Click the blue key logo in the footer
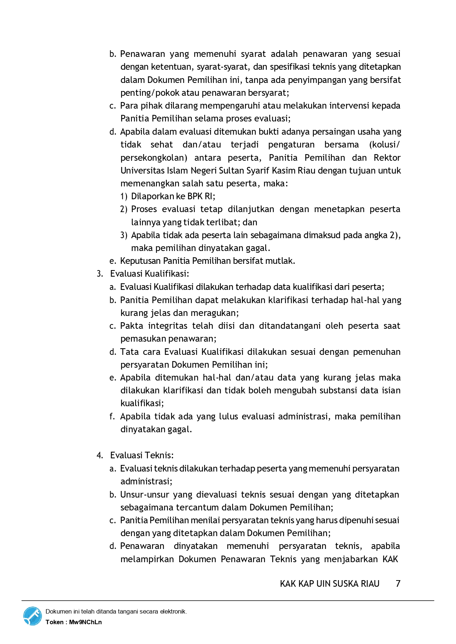pos(33,616)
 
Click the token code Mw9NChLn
pos(85,622)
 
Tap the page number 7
pos(398,583)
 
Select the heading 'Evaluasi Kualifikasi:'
pos(150,274)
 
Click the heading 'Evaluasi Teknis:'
pos(142,455)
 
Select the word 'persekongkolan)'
pos(154,158)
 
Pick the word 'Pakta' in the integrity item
pos(132,326)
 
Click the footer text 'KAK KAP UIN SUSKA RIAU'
pos(330,583)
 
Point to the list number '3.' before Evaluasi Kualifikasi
pos(100,274)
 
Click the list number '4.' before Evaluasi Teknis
pos(100,455)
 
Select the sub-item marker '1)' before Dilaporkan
pos(124,196)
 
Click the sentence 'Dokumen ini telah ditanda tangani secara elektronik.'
pos(116,611)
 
